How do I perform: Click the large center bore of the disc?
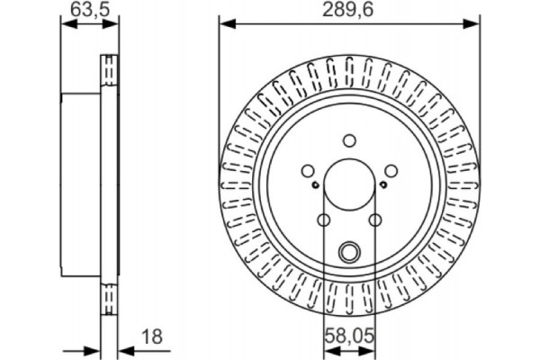tap(349, 184)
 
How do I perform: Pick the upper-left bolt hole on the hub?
tap(306, 170)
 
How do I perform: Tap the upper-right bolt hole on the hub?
tap(392, 170)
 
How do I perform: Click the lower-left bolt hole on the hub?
tap(323, 220)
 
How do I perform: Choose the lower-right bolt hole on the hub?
tap(376, 220)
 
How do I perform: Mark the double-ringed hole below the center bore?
tap(349, 252)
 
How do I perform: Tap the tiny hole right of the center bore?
tap(384, 184)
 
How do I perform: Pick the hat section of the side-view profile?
tap(81, 184)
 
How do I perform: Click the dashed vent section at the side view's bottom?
tap(109, 298)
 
